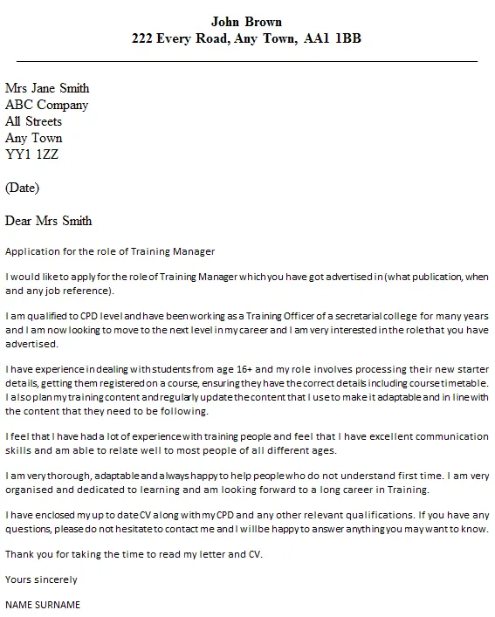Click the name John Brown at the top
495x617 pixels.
[x=246, y=21]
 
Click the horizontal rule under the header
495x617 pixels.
[x=247, y=61]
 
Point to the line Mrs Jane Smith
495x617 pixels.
[x=47, y=88]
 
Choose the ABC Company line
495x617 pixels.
[x=46, y=105]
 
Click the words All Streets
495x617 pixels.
[x=34, y=121]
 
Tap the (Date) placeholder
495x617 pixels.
[x=22, y=188]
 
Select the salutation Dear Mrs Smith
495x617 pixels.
[x=48, y=221]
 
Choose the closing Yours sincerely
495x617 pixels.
[x=41, y=579]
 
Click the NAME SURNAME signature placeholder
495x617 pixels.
[x=43, y=604]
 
